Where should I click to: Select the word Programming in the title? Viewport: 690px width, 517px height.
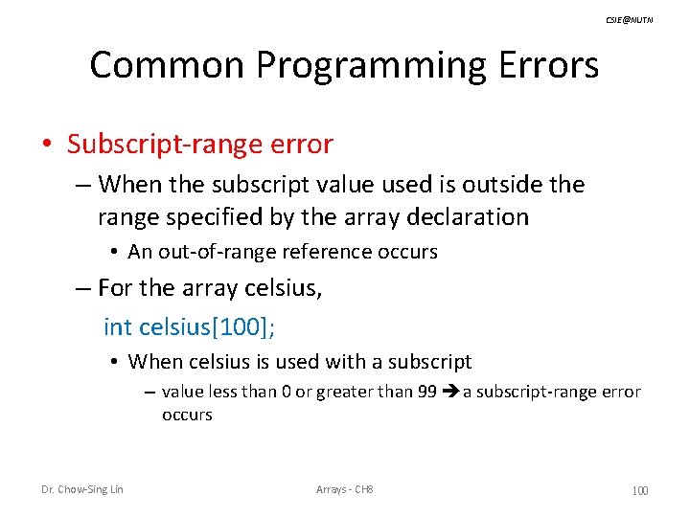pyautogui.click(x=372, y=65)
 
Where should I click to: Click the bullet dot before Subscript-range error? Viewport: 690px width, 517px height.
pyautogui.click(x=47, y=146)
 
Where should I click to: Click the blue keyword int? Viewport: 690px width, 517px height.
pyautogui.click(x=117, y=326)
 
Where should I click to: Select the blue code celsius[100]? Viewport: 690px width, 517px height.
pyautogui.click(x=207, y=326)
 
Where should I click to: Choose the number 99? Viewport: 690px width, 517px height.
pyautogui.click(x=428, y=392)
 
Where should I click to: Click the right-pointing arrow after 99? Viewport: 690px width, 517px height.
pyautogui.click(x=451, y=392)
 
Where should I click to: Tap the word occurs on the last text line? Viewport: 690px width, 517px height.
pyautogui.click(x=187, y=415)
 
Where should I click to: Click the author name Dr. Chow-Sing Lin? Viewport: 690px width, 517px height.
pyautogui.click(x=81, y=490)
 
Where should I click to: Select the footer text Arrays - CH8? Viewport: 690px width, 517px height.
pyautogui.click(x=345, y=490)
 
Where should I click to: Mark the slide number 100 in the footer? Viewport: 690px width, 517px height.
pyautogui.click(x=639, y=491)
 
